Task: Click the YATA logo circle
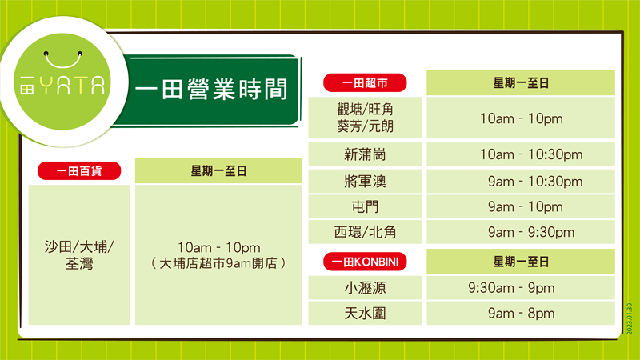tap(62, 82)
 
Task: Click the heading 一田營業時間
tap(211, 89)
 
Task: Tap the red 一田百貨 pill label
tap(79, 170)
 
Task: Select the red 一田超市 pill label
tap(365, 83)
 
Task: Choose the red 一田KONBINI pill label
tap(365, 262)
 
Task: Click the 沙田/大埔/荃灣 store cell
tap(79, 255)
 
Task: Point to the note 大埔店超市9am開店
tap(218, 263)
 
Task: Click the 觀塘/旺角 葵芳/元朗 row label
tap(365, 118)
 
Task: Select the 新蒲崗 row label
tap(365, 154)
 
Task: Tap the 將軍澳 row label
tap(365, 182)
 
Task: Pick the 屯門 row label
tap(365, 206)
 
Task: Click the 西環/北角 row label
tap(365, 232)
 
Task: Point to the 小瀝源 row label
tap(365, 288)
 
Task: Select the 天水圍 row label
tap(365, 313)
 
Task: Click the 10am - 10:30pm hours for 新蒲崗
tap(531, 154)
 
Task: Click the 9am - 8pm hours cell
tap(522, 313)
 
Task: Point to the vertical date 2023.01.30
tap(629, 318)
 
